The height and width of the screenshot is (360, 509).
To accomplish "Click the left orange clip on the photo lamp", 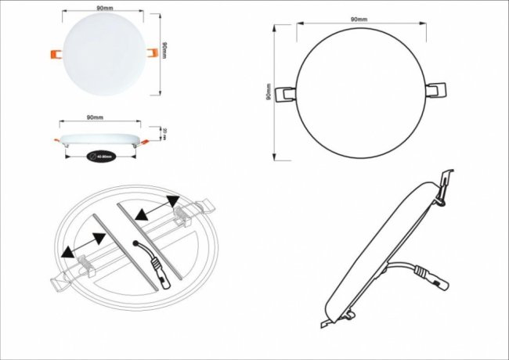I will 57,53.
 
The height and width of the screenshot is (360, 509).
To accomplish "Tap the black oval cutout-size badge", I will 101,156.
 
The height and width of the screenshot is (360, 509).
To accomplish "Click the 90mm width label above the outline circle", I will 360,17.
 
